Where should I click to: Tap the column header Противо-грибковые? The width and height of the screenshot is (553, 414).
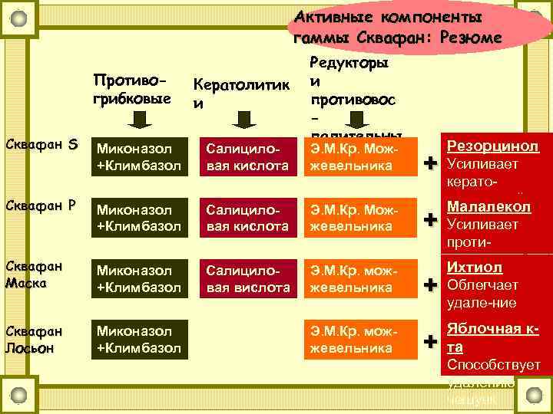click(x=131, y=87)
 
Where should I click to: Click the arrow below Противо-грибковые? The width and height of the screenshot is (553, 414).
click(x=140, y=119)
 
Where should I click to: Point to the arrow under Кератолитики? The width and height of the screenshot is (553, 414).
click(x=244, y=119)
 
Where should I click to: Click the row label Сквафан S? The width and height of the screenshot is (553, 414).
click(x=41, y=144)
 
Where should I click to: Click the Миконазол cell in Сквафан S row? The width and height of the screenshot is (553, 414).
click(x=138, y=156)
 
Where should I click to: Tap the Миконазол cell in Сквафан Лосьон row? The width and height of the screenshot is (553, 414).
click(x=138, y=340)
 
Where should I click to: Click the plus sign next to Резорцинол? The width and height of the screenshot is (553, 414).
click(x=435, y=163)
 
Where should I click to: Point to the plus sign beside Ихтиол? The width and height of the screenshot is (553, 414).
click(x=435, y=284)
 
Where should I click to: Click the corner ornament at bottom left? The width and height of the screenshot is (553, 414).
click(x=22, y=395)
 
